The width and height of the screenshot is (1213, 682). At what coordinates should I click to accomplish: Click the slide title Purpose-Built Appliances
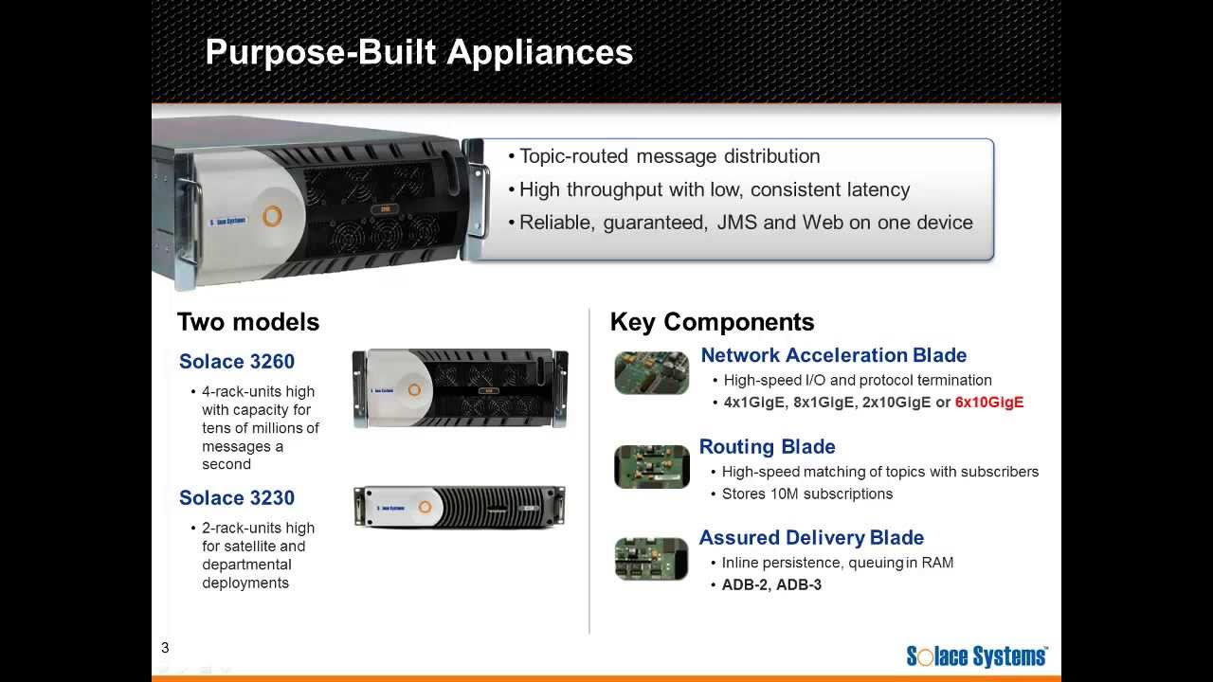pyautogui.click(x=419, y=51)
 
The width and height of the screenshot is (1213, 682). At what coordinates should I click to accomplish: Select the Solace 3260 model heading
pyautogui.click(x=237, y=362)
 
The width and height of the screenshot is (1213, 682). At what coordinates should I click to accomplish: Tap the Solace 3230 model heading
pyautogui.click(x=237, y=498)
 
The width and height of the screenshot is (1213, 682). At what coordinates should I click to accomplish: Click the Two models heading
pyautogui.click(x=248, y=322)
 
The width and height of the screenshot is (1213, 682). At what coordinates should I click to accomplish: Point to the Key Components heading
pyautogui.click(x=712, y=322)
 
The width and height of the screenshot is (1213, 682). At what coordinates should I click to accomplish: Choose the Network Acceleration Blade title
pyautogui.click(x=833, y=356)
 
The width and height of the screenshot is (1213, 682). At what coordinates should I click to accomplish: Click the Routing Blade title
pyautogui.click(x=767, y=447)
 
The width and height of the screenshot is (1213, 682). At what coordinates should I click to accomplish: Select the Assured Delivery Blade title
pyautogui.click(x=811, y=538)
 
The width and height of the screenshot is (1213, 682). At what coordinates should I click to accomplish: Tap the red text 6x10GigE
pyautogui.click(x=989, y=403)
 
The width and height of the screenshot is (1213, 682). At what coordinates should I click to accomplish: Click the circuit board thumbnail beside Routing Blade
pyautogui.click(x=652, y=466)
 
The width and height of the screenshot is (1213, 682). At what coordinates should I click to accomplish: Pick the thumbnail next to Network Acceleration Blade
pyautogui.click(x=652, y=372)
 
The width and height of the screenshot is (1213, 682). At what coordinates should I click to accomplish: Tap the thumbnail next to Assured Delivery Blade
pyautogui.click(x=652, y=558)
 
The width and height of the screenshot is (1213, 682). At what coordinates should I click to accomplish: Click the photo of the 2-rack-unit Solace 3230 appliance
pyautogui.click(x=460, y=507)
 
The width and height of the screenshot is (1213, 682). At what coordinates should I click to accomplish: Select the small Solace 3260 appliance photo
pyautogui.click(x=460, y=388)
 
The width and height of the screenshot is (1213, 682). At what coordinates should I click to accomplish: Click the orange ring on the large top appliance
pyautogui.click(x=272, y=216)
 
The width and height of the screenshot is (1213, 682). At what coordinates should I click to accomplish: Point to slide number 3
pyautogui.click(x=165, y=648)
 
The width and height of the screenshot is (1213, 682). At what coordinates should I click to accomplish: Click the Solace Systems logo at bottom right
pyautogui.click(x=977, y=656)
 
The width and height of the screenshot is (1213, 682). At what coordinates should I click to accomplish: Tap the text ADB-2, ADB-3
pyautogui.click(x=771, y=585)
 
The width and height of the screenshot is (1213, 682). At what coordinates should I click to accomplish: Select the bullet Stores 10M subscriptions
pyautogui.click(x=806, y=494)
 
